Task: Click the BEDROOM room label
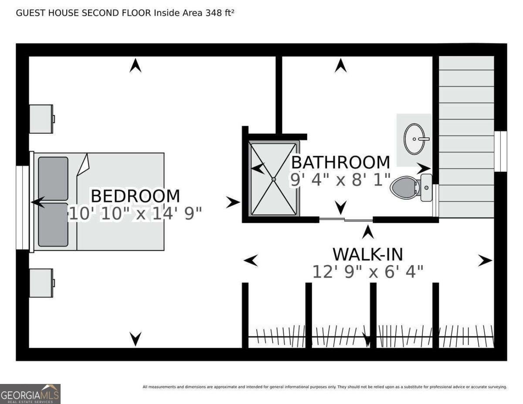click(x=135, y=196)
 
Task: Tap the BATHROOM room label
click(x=340, y=162)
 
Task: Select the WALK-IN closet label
click(x=368, y=254)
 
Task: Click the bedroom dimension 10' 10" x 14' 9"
click(x=135, y=214)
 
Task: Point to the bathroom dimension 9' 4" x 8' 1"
click(x=340, y=180)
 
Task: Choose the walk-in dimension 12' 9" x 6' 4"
click(x=368, y=272)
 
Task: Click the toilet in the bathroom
click(x=410, y=187)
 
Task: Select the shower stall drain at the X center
click(x=274, y=179)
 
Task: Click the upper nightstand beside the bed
click(x=41, y=119)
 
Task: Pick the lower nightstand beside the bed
click(x=41, y=283)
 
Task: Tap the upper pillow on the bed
click(x=53, y=179)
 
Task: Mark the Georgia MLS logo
click(x=30, y=394)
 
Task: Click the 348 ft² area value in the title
click(x=220, y=13)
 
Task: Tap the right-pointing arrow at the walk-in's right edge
click(x=485, y=261)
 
